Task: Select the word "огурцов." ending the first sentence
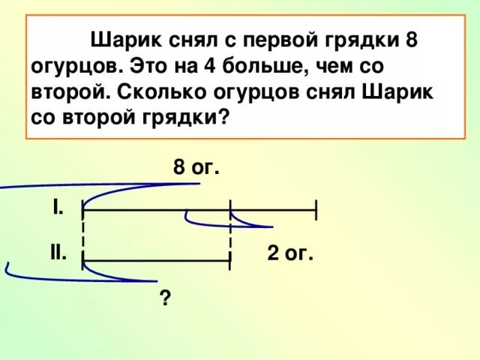(x=73, y=66)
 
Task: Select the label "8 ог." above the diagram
(x=196, y=167)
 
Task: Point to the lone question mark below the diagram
(x=164, y=299)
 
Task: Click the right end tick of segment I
(x=317, y=211)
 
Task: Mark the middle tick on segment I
(x=230, y=211)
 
